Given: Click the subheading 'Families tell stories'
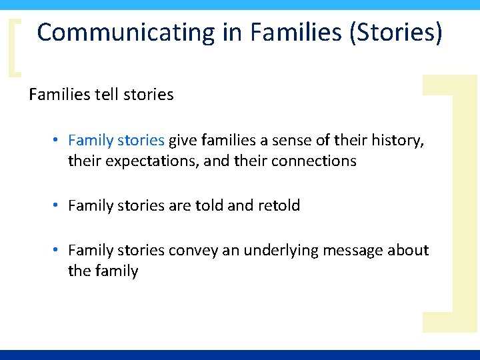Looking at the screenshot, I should (101, 95).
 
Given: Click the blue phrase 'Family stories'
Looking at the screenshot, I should (116, 140).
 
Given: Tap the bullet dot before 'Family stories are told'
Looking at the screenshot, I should (58, 205).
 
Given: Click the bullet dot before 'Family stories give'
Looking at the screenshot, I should (58, 140).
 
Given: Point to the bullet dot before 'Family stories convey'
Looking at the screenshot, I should (58, 250).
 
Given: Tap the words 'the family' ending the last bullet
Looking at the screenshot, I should (103, 271).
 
